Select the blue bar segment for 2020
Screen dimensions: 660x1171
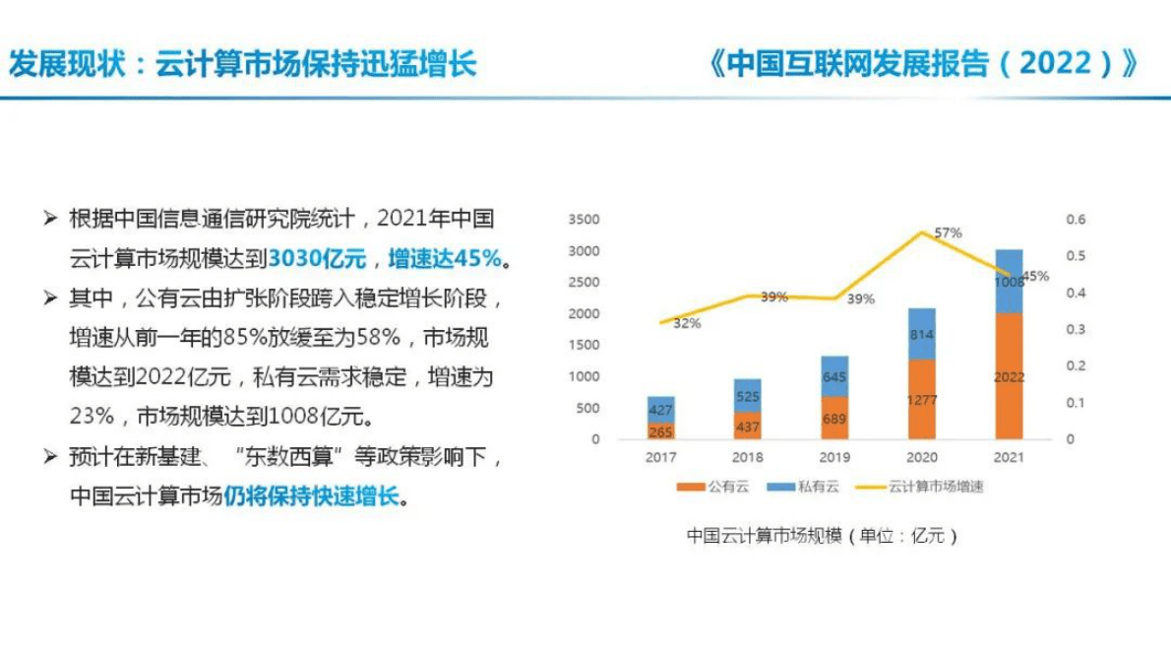(x=920, y=334)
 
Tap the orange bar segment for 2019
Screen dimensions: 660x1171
(x=833, y=418)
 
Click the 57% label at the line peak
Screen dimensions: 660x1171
(x=948, y=233)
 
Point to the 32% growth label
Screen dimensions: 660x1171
(x=687, y=323)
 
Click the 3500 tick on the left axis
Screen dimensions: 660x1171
(x=584, y=219)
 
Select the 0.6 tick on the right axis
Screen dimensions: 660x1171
(x=1076, y=219)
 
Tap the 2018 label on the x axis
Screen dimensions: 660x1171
(x=748, y=457)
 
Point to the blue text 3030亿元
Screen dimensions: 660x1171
(x=317, y=258)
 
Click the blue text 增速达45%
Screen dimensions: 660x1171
(x=446, y=258)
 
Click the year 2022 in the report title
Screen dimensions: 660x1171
(x=1055, y=64)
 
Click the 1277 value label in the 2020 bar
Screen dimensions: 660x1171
(x=920, y=400)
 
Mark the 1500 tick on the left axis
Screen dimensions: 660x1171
(x=584, y=345)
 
